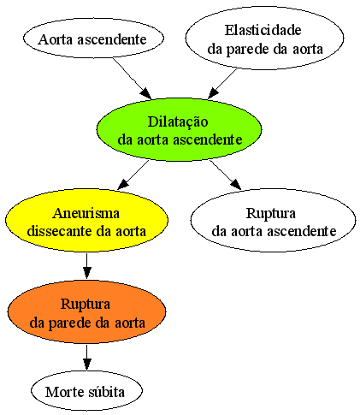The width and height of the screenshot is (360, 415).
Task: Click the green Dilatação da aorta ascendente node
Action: tap(179, 130)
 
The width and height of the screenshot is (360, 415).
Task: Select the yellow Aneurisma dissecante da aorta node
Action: tap(86, 220)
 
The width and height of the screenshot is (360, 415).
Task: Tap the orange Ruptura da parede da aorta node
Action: tap(86, 311)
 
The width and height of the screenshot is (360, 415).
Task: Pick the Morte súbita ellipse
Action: tap(86, 391)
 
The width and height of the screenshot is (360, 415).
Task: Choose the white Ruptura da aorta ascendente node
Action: tap(273, 220)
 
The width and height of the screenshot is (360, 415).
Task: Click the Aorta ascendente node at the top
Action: tap(93, 39)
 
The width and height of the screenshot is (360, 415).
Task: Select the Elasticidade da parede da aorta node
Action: tap(264, 39)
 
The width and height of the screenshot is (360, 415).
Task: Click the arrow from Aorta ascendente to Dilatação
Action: tap(132, 79)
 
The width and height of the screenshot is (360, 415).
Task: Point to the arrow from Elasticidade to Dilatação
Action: tap(222, 83)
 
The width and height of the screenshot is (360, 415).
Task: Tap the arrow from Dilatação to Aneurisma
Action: tap(133, 175)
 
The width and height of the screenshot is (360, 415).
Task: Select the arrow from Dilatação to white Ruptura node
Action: tap(226, 175)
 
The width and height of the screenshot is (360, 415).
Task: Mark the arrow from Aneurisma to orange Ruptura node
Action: tap(86, 266)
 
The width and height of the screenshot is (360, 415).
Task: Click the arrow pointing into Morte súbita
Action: tap(86, 357)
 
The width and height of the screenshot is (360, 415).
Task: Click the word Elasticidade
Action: tap(263, 30)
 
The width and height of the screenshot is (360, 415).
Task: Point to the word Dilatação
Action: tap(178, 122)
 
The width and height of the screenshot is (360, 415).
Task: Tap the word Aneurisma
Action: tap(86, 213)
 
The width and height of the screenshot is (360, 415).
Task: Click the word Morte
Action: tap(65, 392)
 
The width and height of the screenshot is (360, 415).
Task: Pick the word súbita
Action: tap(106, 392)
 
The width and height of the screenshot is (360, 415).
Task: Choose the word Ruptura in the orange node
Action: tap(86, 305)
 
